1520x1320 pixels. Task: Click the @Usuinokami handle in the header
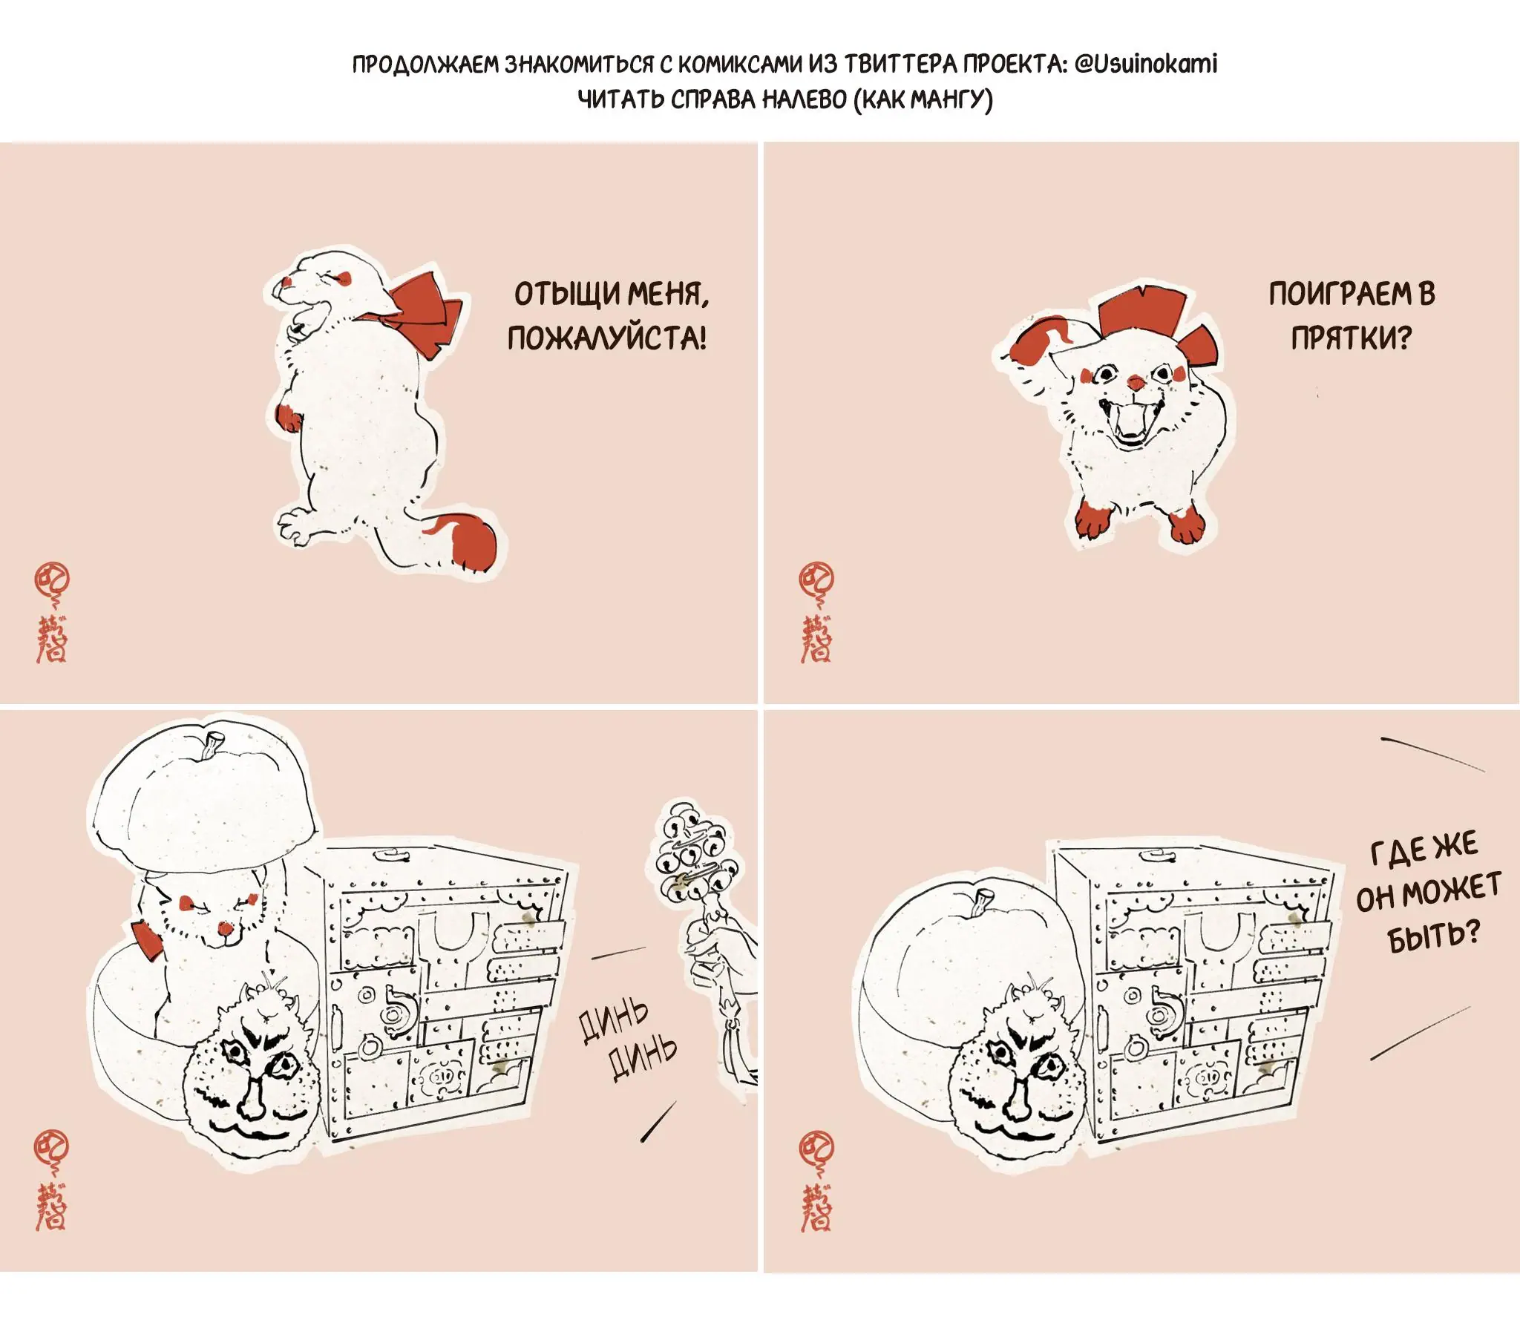click(1145, 64)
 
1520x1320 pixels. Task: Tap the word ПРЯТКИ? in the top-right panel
click(1351, 338)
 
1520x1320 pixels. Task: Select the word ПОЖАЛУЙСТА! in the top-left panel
click(607, 338)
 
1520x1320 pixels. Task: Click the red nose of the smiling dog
click(1136, 383)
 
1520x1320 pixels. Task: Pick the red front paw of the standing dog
click(288, 418)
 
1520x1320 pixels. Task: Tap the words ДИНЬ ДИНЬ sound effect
click(628, 1040)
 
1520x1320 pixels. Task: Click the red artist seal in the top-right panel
click(816, 612)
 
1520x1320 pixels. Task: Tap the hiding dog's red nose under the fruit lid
click(223, 928)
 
